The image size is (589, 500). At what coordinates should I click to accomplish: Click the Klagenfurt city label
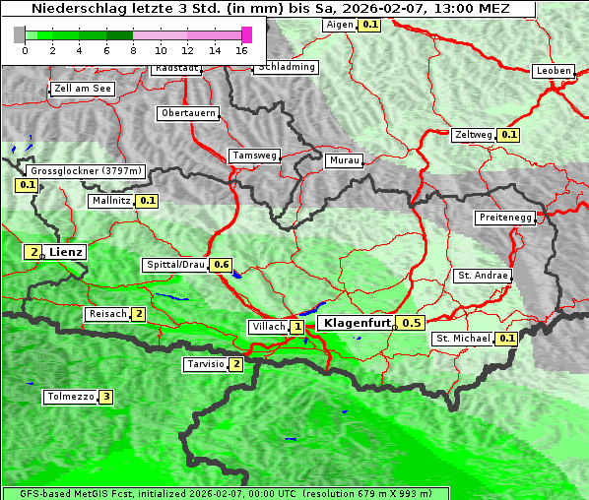(357, 322)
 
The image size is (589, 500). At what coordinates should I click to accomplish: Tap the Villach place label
(268, 327)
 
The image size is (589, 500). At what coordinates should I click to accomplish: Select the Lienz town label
(66, 252)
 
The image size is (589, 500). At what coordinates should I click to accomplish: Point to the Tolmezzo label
(69, 398)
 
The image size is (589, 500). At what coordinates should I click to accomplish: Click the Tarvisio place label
(206, 364)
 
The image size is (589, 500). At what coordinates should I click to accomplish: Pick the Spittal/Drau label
(175, 265)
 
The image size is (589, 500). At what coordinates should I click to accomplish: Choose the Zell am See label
(83, 89)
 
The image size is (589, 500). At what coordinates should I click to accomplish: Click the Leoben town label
(553, 71)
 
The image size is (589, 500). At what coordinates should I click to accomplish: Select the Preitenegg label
(505, 218)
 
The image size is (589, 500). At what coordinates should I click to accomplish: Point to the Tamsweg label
(254, 156)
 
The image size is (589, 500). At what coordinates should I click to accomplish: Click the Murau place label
(344, 159)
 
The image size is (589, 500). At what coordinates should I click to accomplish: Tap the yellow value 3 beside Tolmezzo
(106, 398)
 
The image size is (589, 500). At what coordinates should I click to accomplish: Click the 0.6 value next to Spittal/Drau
(222, 265)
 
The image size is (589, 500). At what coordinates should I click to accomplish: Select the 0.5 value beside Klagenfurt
(411, 323)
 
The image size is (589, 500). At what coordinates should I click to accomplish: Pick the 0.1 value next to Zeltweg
(508, 134)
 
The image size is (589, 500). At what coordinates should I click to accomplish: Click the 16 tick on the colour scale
(241, 50)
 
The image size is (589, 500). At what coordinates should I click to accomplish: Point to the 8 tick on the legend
(133, 50)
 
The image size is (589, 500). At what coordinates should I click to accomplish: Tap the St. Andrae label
(483, 276)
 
